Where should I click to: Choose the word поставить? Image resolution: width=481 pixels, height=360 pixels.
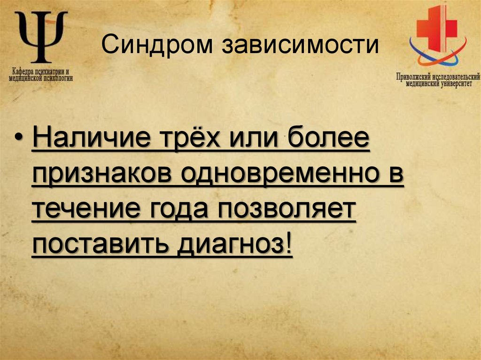(x=99, y=244)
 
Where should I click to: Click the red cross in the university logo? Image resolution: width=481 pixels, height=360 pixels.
(x=438, y=27)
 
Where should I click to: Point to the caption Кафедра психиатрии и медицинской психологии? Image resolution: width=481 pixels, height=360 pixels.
(x=41, y=76)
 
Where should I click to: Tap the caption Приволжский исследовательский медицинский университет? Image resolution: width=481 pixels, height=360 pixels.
(x=437, y=80)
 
